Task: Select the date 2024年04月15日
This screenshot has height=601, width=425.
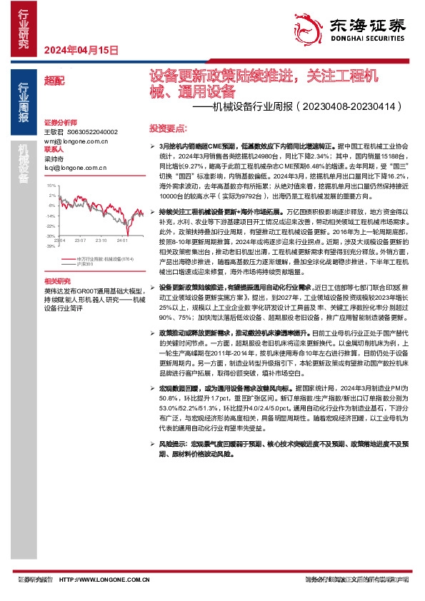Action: coord(80,50)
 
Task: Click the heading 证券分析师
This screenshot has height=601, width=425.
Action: coord(59,123)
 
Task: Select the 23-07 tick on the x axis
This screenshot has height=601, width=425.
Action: coord(79,241)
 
